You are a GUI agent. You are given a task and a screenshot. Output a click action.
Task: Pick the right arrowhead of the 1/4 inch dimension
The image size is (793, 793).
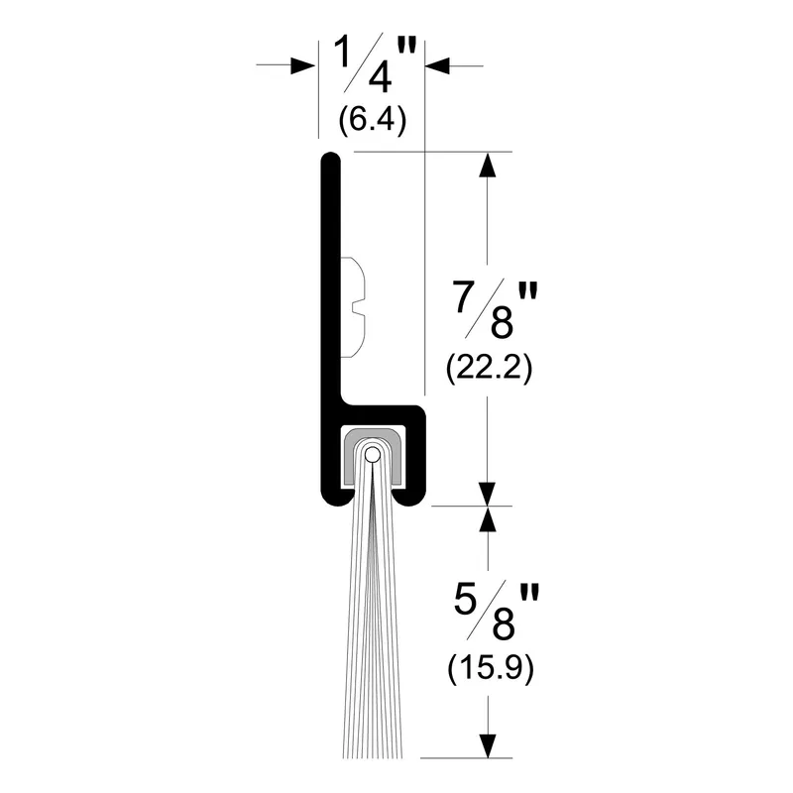pyautogui.click(x=437, y=65)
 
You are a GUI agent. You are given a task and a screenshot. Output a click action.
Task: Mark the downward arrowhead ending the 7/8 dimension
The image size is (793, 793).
pyautogui.click(x=487, y=493)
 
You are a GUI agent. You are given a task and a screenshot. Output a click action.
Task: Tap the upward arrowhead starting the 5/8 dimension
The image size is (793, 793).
pyautogui.click(x=487, y=518)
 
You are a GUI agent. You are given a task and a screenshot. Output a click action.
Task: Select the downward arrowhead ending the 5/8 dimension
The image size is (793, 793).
pyautogui.click(x=487, y=745)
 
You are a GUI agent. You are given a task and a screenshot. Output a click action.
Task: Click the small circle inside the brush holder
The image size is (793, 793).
pyautogui.click(x=372, y=455)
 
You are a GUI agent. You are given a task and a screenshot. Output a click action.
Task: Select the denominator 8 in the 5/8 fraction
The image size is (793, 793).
pyautogui.click(x=502, y=625)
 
